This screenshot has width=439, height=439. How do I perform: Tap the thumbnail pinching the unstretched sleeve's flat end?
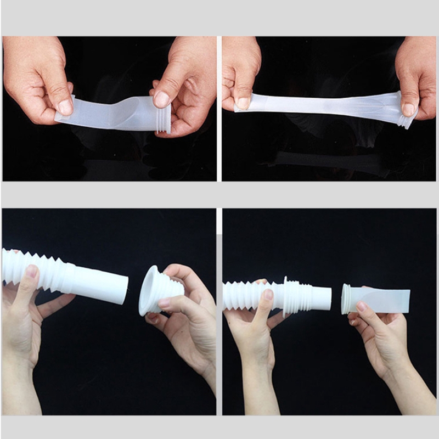(x=65, y=106)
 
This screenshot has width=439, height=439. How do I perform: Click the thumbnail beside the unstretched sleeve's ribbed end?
(x=161, y=99)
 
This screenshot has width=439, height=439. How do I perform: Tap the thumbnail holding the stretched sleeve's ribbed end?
(x=408, y=108)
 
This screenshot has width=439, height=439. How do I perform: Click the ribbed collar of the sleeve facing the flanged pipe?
(x=347, y=300)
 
